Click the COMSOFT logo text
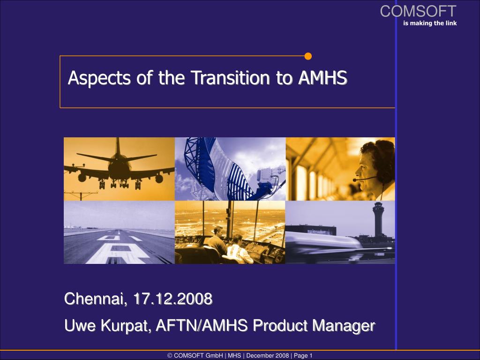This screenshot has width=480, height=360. (418, 11)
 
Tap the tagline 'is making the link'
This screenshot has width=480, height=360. (429, 23)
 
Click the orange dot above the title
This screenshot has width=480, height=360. (308, 57)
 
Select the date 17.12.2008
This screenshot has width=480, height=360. (172, 299)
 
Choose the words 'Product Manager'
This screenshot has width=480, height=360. (314, 325)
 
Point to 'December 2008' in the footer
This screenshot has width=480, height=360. (267, 356)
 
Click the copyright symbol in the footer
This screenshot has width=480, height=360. (170, 356)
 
